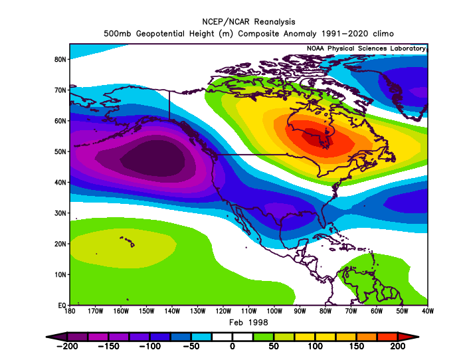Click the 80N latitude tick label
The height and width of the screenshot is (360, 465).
60,59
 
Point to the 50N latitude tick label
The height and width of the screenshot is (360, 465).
60,151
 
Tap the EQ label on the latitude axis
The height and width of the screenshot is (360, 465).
62,305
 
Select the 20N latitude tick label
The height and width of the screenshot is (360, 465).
60,244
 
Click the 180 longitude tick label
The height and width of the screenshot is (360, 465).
70,311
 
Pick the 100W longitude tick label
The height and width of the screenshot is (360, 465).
274,311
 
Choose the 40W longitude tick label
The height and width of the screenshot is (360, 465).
427,311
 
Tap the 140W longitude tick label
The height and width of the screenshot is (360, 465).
172,311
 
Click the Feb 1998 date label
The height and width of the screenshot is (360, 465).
248,322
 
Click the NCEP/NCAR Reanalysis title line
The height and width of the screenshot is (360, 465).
248,22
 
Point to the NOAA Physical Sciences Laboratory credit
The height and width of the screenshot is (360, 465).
366,48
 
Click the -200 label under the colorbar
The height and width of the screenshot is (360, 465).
67,346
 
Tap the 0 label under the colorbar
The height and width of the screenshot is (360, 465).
232,346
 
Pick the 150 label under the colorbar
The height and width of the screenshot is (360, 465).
356,346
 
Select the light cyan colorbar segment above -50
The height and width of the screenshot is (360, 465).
202,337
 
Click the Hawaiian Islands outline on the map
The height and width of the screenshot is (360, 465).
128,241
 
